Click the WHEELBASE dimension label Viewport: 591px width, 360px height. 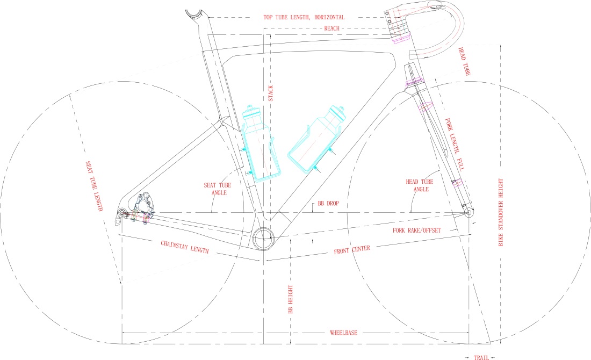pos(343,333)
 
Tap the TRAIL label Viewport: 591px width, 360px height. pos(481,357)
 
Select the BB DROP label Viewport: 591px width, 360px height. pos(328,204)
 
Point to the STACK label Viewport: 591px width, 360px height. pos(271,93)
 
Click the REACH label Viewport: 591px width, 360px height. pos(331,28)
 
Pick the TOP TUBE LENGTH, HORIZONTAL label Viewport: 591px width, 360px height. pos(304,17)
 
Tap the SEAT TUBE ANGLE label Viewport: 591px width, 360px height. pos(218,189)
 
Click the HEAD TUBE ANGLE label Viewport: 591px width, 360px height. pos(420,185)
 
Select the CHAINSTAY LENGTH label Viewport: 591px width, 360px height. pos(185,247)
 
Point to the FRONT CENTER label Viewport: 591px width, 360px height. pos(352,249)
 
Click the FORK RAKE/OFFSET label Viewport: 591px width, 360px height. pos(416,231)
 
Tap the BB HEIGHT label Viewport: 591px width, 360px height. pos(291,299)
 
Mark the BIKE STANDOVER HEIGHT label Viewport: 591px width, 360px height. pos(501,212)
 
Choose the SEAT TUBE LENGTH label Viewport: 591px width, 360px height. pos(94,186)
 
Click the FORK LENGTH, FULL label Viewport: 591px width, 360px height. pos(455,145)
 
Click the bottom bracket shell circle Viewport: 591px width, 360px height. pos(263,238)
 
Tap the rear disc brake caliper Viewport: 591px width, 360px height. pos(143,205)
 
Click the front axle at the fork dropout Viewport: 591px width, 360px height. pos(469,212)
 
